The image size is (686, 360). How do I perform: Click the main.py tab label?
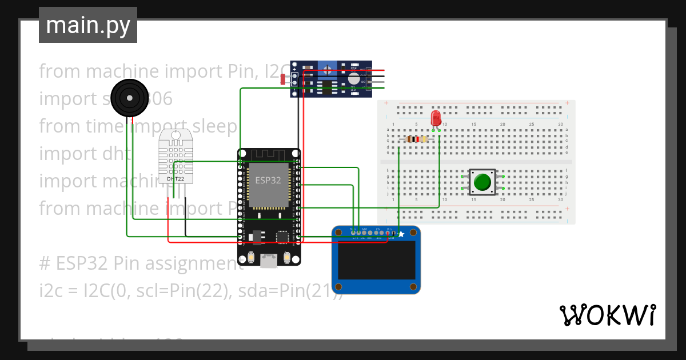(88, 25)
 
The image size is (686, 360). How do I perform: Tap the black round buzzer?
(130, 98)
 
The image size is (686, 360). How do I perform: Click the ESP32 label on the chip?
(268, 180)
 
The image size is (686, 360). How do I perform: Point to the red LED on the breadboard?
(436, 118)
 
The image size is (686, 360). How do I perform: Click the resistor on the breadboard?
(416, 139)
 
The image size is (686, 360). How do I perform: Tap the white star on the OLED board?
(401, 234)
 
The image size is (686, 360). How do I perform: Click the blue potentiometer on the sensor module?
(327, 69)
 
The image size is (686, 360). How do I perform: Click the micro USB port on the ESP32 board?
(268, 261)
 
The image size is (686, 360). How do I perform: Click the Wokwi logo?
(607, 315)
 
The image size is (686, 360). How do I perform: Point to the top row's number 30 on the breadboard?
(560, 125)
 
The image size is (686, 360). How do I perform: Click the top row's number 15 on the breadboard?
(473, 125)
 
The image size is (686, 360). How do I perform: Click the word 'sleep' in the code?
(217, 126)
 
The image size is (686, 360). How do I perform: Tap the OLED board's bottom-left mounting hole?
(339, 286)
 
